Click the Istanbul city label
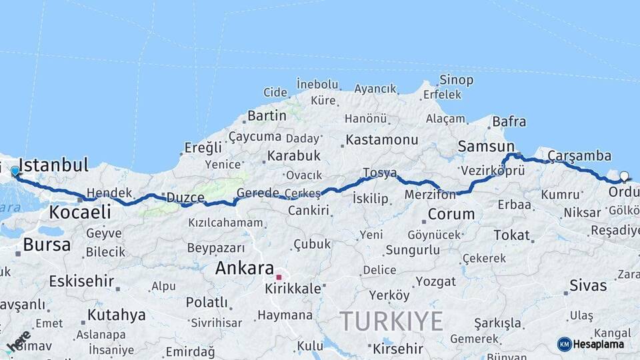pyautogui.click(x=54, y=165)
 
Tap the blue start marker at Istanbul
pyautogui.click(x=15, y=172)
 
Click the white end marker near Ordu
pyautogui.click(x=624, y=177)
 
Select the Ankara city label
pyautogui.click(x=244, y=269)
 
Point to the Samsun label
pyautogui.click(x=486, y=146)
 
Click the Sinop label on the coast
pyautogui.click(x=457, y=80)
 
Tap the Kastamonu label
pyautogui.click(x=382, y=140)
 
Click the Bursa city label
pyautogui.click(x=47, y=244)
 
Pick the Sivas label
pyautogui.click(x=588, y=286)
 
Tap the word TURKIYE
pyautogui.click(x=391, y=321)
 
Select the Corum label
pyautogui.click(x=451, y=215)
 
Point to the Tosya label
pyautogui.click(x=379, y=173)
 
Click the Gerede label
pyautogui.click(x=258, y=193)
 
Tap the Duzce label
pyautogui.click(x=185, y=197)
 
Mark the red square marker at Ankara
pyautogui.click(x=279, y=277)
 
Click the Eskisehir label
pyautogui.click(x=81, y=281)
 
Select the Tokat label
pyautogui.click(x=512, y=235)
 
